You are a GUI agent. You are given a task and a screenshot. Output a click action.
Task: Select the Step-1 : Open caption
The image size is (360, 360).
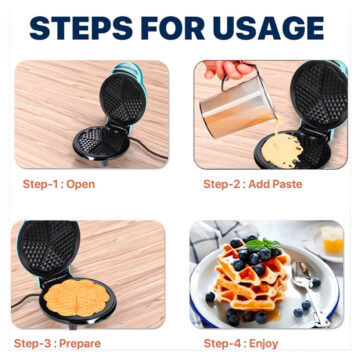click(59, 184)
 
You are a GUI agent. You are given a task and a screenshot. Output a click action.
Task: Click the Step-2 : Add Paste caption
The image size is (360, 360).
click(253, 184)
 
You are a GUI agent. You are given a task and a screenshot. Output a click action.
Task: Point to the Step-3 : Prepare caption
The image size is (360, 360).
click(57, 343)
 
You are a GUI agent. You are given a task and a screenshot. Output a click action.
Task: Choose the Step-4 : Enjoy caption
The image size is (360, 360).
click(241, 343)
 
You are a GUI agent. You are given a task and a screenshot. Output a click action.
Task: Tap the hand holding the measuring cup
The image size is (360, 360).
click(228, 69)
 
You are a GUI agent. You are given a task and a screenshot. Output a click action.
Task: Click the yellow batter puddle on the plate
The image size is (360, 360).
click(282, 150)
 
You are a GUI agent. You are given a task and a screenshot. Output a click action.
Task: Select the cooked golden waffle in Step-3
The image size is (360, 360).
click(76, 297)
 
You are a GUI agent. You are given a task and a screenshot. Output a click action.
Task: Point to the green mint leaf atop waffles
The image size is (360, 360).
click(263, 244)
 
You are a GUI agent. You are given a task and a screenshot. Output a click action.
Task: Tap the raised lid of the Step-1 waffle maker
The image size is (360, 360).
click(123, 98)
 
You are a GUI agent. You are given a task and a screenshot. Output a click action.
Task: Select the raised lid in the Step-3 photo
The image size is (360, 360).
click(48, 248)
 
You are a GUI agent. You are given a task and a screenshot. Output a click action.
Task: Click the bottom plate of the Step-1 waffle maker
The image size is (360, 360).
click(101, 143)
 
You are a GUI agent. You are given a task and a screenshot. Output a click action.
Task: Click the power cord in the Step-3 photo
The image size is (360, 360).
click(27, 299)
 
